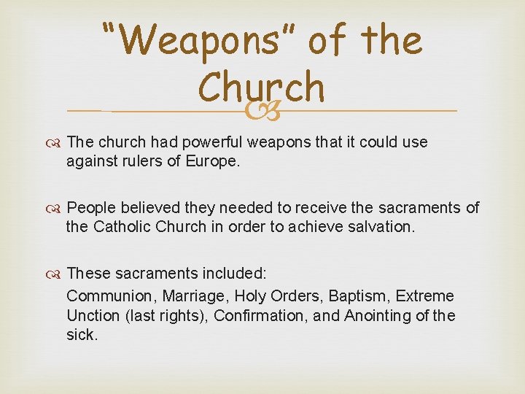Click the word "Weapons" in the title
tap(202, 41)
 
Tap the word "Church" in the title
tap(260, 88)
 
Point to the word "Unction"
tap(93, 315)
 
